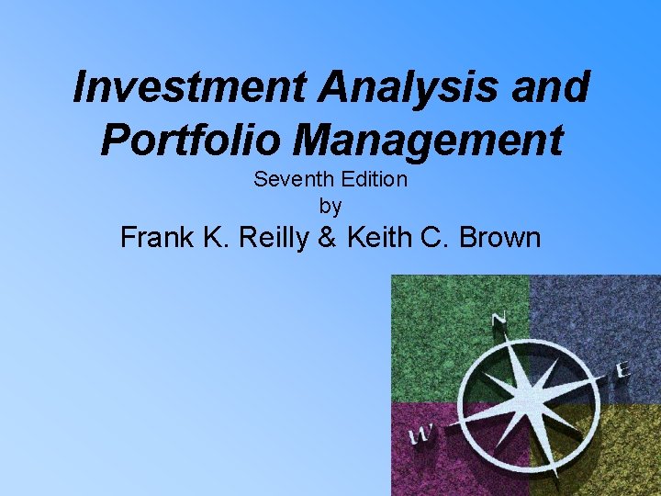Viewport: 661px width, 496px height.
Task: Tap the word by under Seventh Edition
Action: point(330,206)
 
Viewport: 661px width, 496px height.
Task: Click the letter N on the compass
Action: point(499,321)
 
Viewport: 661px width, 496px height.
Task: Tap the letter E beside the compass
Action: point(622,370)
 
